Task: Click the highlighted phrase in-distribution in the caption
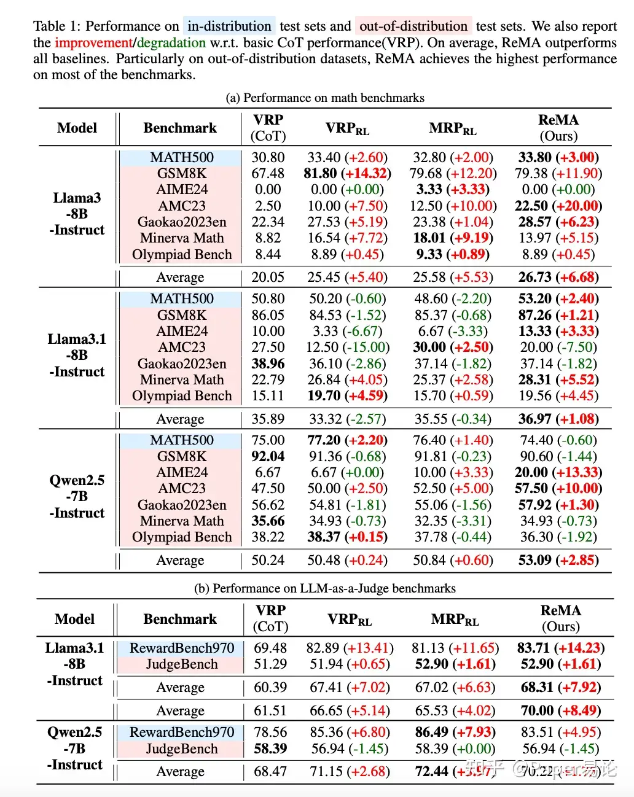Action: click(229, 26)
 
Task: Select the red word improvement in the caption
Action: click(93, 43)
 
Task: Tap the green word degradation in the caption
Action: click(171, 43)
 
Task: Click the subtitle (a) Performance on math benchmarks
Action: click(325, 98)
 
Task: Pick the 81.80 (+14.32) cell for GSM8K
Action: click(347, 174)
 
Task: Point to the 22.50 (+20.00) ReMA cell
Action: click(558, 206)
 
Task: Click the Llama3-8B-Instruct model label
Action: click(77, 214)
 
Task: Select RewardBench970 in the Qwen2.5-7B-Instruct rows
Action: click(182, 733)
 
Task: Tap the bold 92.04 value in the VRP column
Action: click(268, 456)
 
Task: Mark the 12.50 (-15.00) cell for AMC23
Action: click(348, 348)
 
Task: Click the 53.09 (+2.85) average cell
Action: click(558, 561)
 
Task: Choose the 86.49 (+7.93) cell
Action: click(455, 733)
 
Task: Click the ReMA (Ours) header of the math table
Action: click(558, 128)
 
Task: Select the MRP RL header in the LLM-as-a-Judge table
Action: click(455, 620)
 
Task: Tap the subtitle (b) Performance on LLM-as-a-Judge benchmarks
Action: click(325, 589)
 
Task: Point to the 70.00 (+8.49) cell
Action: click(560, 711)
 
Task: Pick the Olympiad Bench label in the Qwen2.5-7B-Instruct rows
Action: click(182, 537)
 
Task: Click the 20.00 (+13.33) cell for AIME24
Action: click(558, 473)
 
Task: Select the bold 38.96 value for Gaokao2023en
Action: click(268, 364)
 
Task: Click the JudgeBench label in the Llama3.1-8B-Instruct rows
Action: click(182, 664)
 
